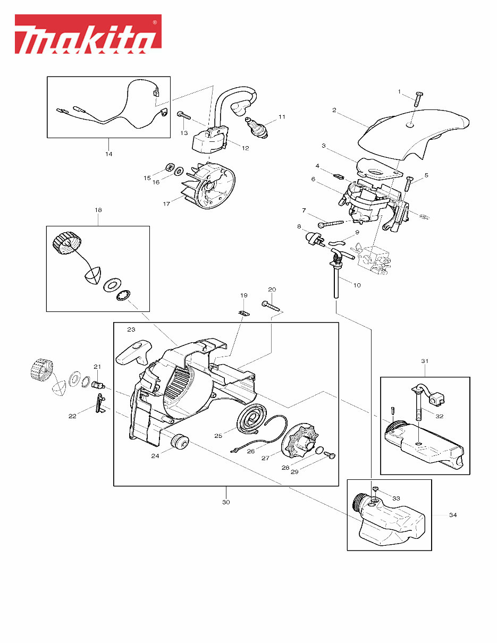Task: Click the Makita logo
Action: pyautogui.click(x=88, y=35)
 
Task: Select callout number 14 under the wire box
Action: pyautogui.click(x=108, y=154)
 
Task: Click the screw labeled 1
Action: pyautogui.click(x=417, y=99)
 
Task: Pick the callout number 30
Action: pyautogui.click(x=226, y=502)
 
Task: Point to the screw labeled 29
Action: pyautogui.click(x=329, y=455)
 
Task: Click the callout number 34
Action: pyautogui.click(x=452, y=515)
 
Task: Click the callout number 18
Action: pyautogui.click(x=98, y=210)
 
